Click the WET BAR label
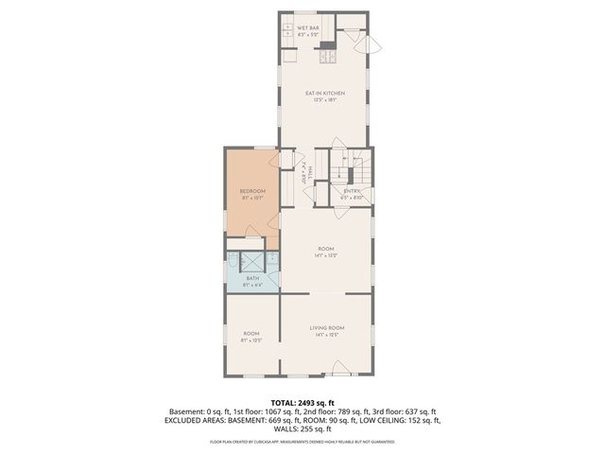coord(308,28)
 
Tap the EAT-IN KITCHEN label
coord(324,94)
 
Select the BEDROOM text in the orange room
coord(252,191)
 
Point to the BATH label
coord(252,278)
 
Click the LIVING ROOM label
coord(327,327)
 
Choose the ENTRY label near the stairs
coord(353,191)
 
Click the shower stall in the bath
coord(253,262)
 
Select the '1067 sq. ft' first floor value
coord(315,411)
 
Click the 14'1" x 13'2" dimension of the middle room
coord(327,255)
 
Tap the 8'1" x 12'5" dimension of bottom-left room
coord(251,340)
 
